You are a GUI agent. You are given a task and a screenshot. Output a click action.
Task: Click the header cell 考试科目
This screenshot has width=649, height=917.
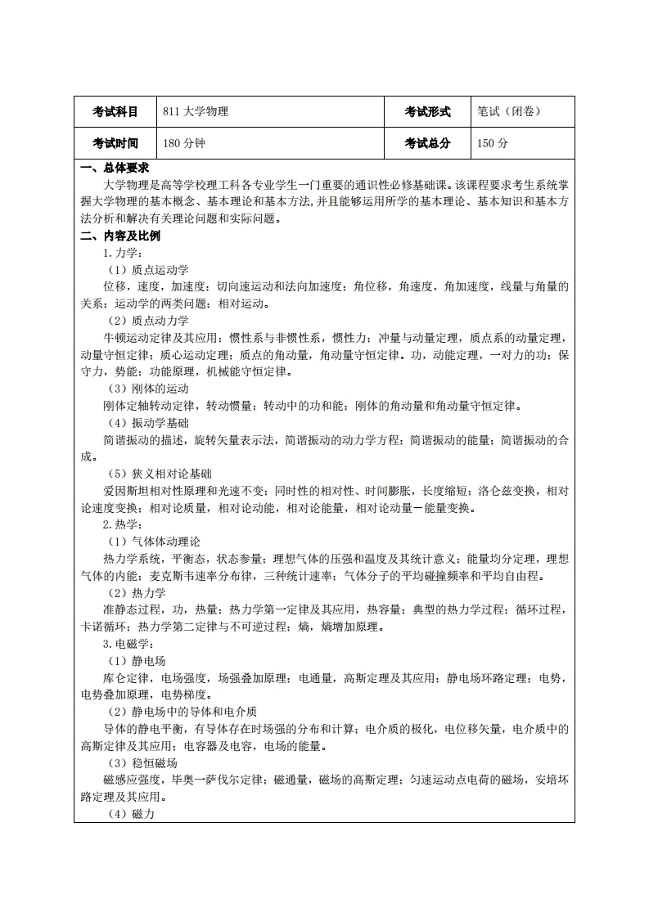(115, 112)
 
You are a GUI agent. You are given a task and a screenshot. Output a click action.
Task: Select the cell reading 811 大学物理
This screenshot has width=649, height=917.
(196, 112)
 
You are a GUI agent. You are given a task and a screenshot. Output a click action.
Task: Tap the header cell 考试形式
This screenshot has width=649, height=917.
(427, 112)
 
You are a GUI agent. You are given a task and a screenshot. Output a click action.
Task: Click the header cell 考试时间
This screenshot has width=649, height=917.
(115, 143)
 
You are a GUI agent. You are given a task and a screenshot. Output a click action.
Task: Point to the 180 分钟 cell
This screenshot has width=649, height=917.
(183, 143)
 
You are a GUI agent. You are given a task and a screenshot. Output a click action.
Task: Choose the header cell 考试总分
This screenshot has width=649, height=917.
(427, 143)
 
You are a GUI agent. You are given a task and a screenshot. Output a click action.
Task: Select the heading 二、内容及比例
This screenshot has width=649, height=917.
(120, 236)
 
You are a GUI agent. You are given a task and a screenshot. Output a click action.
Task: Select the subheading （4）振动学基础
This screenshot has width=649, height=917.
(149, 422)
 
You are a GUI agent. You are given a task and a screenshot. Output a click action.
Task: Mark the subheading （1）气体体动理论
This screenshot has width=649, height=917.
(155, 541)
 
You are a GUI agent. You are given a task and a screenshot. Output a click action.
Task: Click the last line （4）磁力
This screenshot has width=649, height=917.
(132, 813)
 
